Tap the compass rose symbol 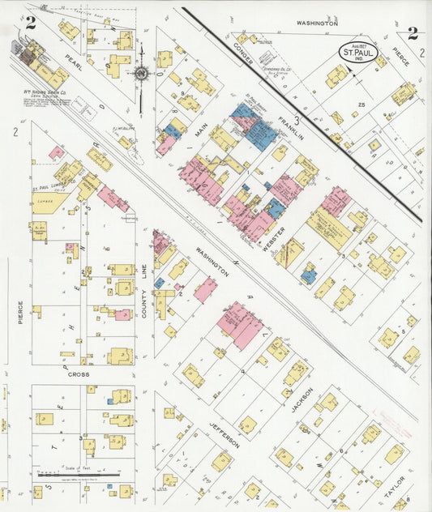[141, 74]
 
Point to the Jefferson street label [225, 435]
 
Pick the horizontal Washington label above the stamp [316, 24]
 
